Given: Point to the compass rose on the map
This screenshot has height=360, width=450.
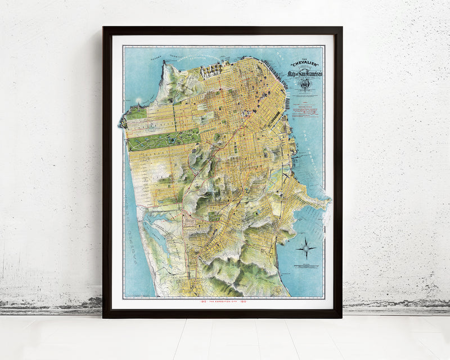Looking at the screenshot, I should (x=306, y=247).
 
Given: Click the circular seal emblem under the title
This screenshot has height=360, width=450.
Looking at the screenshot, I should (x=304, y=85).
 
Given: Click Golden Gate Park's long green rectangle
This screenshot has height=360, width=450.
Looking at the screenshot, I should (x=163, y=139).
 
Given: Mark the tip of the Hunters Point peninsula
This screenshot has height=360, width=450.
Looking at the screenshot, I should (x=330, y=200).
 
